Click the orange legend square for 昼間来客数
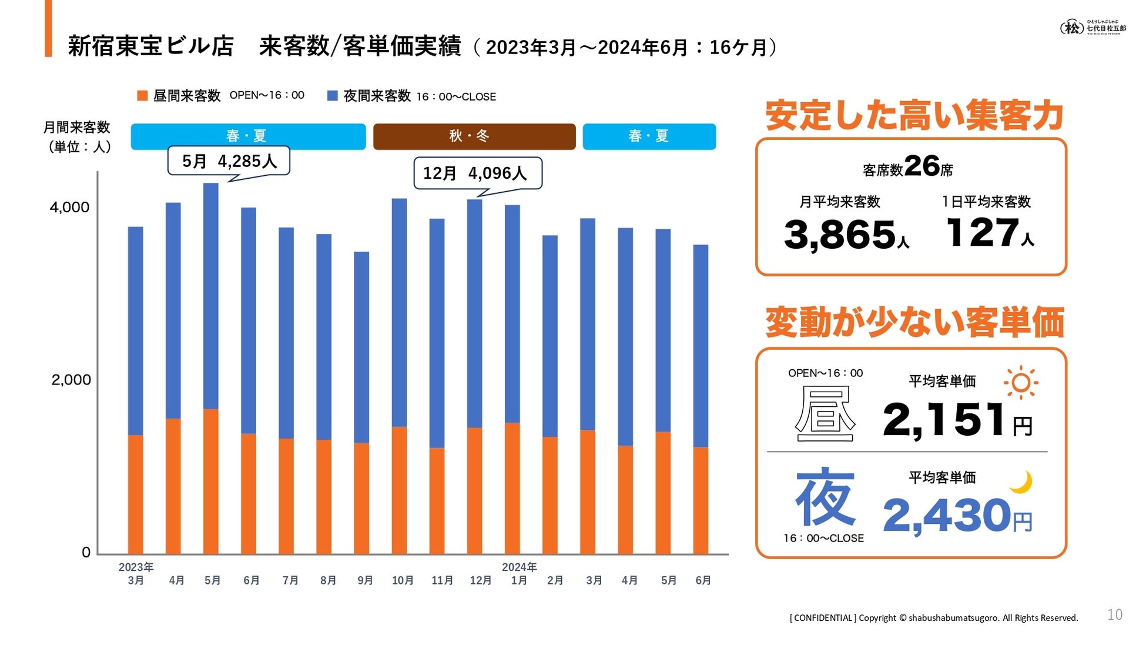coord(142,96)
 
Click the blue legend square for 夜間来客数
coord(333,96)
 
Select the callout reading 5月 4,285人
coord(229,161)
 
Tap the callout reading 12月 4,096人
coord(477,173)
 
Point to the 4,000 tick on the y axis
coord(69,207)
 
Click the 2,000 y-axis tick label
coord(71,380)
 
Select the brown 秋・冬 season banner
coord(474,136)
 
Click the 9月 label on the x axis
coord(365,580)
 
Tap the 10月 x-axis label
coord(403,580)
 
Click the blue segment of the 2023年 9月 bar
coord(361,347)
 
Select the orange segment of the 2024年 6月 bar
coord(701,500)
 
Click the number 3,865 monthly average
coord(839,234)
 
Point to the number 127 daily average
coord(982,232)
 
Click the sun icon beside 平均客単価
coord(1021,383)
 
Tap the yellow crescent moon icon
coord(1022,482)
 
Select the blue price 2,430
coord(946,515)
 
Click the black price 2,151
coord(944,419)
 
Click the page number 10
coord(1114,614)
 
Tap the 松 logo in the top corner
coord(1072,28)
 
